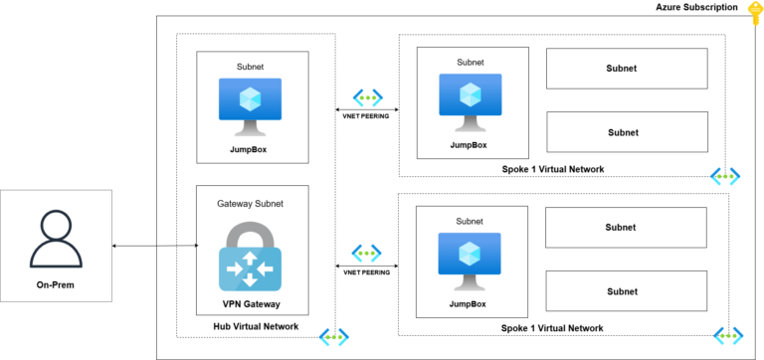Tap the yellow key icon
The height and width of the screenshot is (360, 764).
coord(754,11)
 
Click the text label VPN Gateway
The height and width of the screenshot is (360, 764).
coord(251,303)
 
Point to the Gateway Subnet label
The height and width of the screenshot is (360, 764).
coord(251,204)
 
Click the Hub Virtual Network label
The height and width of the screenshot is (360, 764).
coord(256,327)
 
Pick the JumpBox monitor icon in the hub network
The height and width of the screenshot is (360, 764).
coord(251,106)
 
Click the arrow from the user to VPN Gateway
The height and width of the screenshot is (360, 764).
coord(154,245)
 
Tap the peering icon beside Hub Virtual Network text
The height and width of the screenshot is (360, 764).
coord(333,337)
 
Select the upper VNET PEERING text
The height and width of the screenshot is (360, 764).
coord(366,116)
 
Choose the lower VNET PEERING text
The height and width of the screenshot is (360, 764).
coord(366,271)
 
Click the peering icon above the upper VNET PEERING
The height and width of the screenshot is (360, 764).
coord(367,98)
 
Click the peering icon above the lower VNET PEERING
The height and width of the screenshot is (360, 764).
coord(367,254)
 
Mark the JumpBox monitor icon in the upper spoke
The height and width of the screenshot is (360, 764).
coord(470,102)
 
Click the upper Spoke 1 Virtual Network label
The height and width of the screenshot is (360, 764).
coord(553,169)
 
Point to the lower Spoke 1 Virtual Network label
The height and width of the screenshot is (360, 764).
coord(553,328)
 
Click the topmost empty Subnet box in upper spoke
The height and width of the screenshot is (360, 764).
coord(627,69)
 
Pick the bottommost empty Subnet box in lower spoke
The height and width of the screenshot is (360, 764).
coord(627,291)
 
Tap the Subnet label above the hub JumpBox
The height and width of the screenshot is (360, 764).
coord(251,67)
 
